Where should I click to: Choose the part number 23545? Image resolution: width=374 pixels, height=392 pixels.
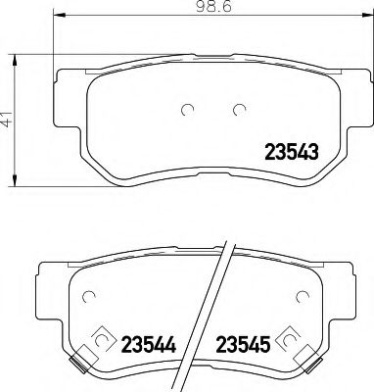[245, 345]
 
